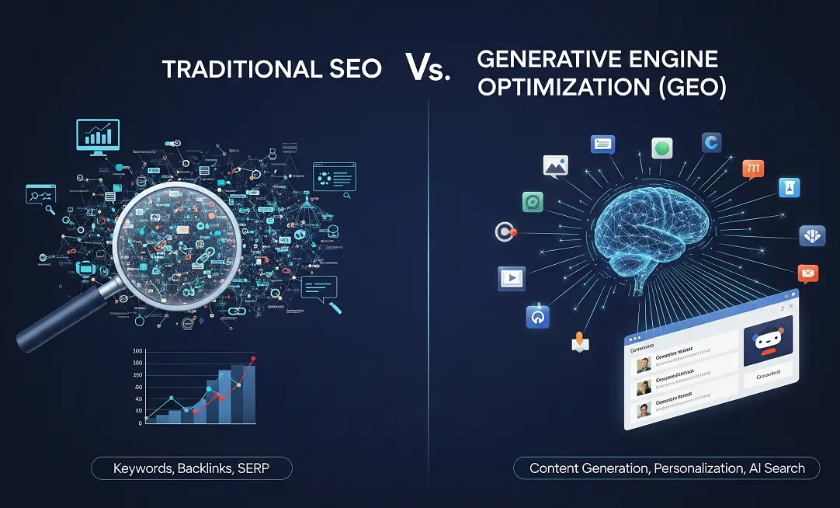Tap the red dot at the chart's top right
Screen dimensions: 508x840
[x=253, y=359]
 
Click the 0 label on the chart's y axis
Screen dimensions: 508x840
[x=140, y=423]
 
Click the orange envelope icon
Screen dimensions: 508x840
[x=808, y=273]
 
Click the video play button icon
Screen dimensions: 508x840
[x=512, y=277]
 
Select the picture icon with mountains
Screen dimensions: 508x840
[x=556, y=165]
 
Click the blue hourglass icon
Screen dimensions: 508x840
[x=788, y=188]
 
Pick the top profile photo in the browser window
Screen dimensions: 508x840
[x=644, y=364]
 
